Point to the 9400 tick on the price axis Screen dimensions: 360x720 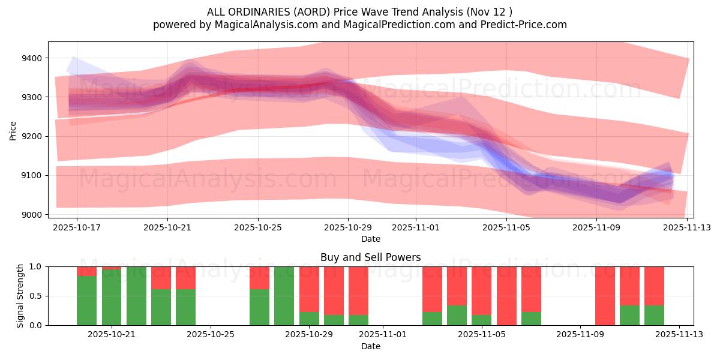pos(31,58)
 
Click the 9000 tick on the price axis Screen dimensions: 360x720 pos(31,215)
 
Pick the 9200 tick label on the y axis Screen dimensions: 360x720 pos(31,136)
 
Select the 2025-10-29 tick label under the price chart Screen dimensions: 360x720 pos(349,228)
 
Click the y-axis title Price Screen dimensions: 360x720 pos(13,130)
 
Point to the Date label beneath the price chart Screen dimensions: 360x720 pos(370,239)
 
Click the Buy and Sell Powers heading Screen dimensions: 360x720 pos(370,257)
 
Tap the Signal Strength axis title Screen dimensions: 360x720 pos(20,296)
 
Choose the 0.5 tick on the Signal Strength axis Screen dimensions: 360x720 pos(36,296)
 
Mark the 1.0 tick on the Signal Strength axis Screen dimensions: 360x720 pos(36,266)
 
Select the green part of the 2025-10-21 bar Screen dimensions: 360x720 pos(112,297)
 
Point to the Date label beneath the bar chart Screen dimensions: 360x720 pos(370,346)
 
